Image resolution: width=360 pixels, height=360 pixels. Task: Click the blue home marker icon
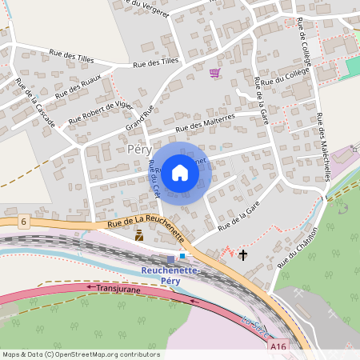coord(180,172)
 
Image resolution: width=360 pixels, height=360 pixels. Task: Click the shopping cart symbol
coord(214,74)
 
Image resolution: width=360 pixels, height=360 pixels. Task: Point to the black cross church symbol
coord(243,255)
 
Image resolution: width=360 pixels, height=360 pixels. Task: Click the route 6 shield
coord(25,220)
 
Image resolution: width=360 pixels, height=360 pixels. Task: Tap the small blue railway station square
coord(182,256)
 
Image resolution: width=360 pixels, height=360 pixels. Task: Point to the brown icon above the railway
coord(139,235)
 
